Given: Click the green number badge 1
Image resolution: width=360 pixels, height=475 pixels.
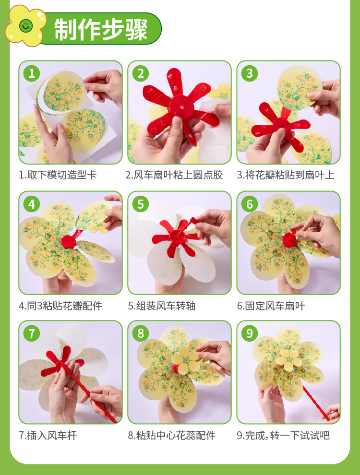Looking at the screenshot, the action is (x=32, y=73).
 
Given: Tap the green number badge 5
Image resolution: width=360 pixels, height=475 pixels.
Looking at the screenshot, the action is (x=140, y=204).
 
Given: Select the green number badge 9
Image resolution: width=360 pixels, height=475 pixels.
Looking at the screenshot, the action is (x=250, y=333).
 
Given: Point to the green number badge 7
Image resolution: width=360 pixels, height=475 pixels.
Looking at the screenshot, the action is (x=32, y=333).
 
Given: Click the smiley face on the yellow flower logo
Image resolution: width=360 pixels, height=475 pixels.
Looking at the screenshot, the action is (x=26, y=26).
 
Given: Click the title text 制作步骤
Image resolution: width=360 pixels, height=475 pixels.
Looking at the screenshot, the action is (x=101, y=29).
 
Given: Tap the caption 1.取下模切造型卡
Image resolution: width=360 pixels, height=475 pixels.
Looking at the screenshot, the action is (x=58, y=175).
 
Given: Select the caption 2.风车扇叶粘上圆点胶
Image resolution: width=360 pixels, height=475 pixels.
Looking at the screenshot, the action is (x=174, y=175).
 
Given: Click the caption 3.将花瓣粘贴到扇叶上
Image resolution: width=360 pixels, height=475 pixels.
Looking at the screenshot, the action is (x=286, y=175).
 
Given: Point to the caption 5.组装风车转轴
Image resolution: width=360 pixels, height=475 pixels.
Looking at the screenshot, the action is (x=162, y=306).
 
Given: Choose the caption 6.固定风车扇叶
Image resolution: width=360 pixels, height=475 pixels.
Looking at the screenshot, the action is (x=271, y=306).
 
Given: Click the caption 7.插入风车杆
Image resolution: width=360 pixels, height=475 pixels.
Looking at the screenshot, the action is (x=48, y=435).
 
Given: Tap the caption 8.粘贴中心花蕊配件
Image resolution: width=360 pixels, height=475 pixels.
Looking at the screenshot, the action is (x=172, y=435).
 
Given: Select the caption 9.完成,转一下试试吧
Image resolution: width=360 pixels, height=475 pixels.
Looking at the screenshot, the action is (x=283, y=435).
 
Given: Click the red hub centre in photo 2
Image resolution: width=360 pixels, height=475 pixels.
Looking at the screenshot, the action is (x=181, y=107).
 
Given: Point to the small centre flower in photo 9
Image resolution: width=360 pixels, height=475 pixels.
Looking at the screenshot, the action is (x=289, y=360).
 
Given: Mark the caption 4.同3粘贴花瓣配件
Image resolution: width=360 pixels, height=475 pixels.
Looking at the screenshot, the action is (x=60, y=306).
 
